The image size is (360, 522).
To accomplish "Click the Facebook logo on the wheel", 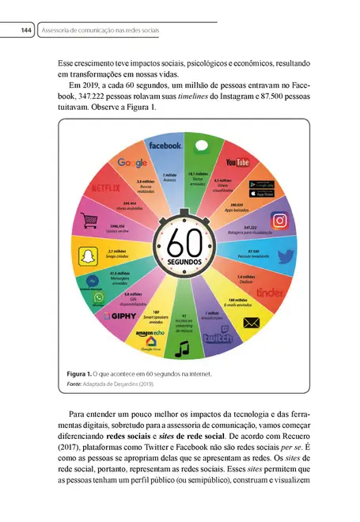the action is coord(164,146).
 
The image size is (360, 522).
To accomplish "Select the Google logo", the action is coord(132,162).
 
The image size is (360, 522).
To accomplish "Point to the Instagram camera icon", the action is coord(279,221).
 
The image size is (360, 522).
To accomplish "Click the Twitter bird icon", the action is coord(286,256).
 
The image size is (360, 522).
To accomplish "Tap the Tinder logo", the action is coord(271,293).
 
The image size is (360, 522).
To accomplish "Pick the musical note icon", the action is coord(183,347).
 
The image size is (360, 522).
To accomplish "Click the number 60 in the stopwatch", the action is coord(180,238).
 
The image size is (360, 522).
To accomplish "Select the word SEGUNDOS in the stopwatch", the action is coord(180,260).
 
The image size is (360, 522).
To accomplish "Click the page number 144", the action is coord(26,30).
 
